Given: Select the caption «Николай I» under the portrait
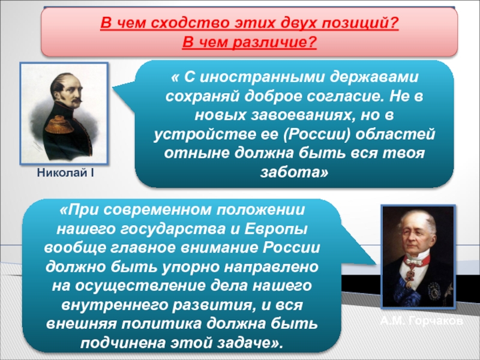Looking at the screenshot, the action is (65, 173).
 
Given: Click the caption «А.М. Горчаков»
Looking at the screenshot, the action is (422, 321).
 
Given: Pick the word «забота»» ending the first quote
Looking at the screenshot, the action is (294, 172).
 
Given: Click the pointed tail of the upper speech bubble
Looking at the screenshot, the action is (113, 88).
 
